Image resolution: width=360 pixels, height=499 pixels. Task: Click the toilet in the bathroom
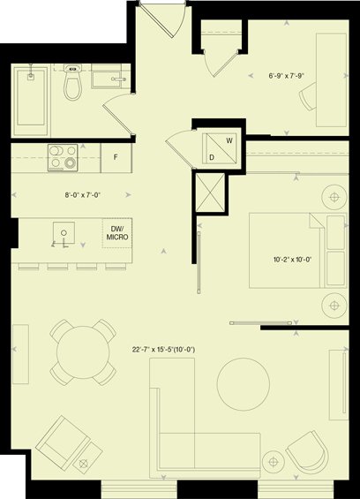[72, 82]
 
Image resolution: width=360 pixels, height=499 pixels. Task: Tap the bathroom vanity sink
[109, 76]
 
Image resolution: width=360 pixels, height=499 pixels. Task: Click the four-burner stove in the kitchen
[63, 157]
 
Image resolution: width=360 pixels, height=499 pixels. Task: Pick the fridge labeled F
[116, 157]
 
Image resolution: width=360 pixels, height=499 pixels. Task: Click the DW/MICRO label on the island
[117, 233]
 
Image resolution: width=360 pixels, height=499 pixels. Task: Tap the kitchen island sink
[64, 232]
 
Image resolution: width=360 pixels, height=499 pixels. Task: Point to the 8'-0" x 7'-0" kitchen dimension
[83, 195]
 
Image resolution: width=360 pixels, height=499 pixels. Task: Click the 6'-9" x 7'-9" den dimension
[287, 76]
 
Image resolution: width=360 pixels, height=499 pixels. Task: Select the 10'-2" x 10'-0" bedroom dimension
[292, 260]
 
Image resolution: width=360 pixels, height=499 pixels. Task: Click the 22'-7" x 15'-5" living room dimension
[163, 350]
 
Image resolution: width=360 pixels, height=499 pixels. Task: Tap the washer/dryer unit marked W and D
[220, 148]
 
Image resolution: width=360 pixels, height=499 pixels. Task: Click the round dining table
[83, 352]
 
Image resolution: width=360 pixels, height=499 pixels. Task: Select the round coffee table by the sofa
[244, 384]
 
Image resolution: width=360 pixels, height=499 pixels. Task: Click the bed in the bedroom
[297, 251]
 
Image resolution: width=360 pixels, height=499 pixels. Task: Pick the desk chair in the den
[308, 96]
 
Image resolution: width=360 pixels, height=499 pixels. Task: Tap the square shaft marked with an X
[210, 193]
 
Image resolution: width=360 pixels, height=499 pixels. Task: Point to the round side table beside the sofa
[274, 461]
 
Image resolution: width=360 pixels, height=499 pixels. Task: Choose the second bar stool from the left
[57, 267]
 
